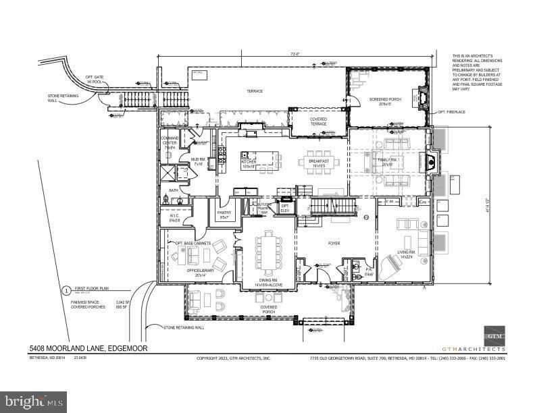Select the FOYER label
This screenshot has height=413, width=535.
coord(334,244)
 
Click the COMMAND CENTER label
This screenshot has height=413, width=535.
coord(169,142)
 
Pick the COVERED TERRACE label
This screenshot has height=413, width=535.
coord(318,122)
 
